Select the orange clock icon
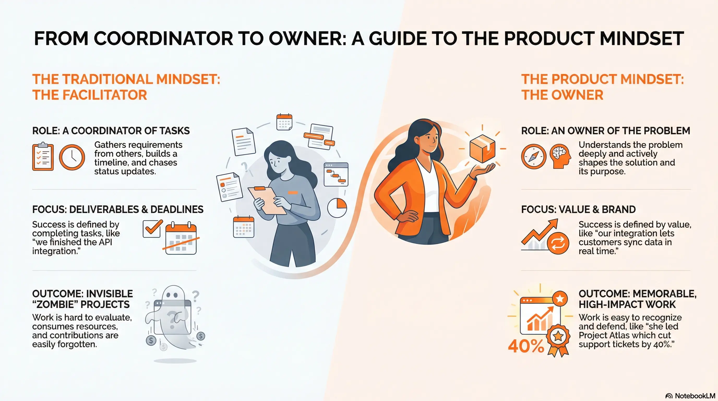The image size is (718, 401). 72,157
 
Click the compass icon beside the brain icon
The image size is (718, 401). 534,156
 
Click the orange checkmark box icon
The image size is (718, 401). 152,228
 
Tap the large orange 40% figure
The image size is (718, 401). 526,346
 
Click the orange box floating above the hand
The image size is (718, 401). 482,148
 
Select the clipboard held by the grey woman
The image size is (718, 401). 267,200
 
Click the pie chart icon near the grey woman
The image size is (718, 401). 337,208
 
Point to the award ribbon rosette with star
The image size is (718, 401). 558,339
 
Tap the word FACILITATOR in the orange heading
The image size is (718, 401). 105,95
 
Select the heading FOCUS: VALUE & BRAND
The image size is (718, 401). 578,209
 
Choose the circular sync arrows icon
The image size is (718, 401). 558,243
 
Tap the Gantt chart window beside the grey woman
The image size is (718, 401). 336,175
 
